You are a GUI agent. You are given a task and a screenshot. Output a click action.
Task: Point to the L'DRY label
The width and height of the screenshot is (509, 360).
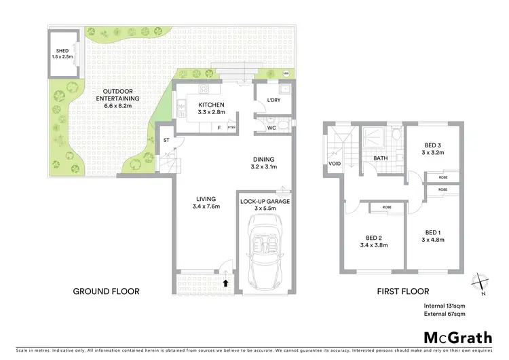274,101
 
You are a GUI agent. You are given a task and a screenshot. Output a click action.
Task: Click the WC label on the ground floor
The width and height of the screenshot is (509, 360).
271,126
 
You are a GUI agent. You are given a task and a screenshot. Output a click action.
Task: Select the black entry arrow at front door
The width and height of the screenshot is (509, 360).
225,281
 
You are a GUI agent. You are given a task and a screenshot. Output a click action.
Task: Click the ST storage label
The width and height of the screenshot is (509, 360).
166,141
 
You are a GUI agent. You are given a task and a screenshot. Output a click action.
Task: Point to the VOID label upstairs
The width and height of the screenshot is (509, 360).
334,164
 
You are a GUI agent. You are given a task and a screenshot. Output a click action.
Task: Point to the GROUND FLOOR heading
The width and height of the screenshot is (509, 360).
106,291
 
